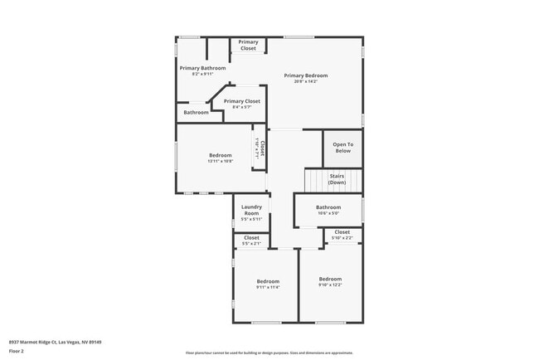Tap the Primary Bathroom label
202,68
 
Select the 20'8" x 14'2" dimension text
305,81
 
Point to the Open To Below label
342,148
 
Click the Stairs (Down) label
337,179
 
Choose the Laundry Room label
251,210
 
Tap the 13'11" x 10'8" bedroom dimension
220,161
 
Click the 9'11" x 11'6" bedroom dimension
268,287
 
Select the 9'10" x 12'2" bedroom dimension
330,285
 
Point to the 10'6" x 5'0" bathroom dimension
328,213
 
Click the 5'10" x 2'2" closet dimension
342,238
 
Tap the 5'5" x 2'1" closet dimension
251,244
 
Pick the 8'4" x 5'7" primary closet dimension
241,107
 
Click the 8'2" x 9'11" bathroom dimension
202,74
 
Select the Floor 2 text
17,351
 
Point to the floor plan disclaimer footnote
269,353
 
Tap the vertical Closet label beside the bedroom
261,148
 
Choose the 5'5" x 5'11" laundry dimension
251,219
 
